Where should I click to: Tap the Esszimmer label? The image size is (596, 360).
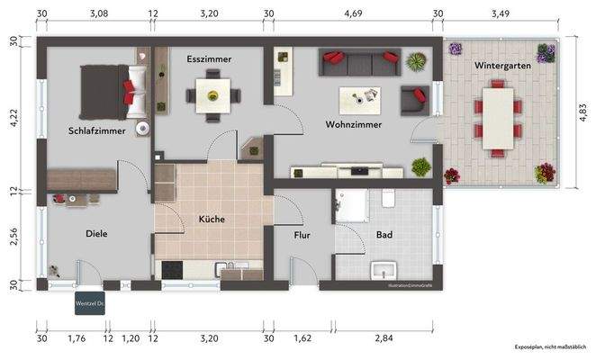pyautogui.click(x=209, y=59)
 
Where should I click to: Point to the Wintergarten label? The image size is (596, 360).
pyautogui.click(x=502, y=66)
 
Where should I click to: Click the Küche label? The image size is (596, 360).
pyautogui.click(x=212, y=219)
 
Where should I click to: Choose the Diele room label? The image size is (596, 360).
pyautogui.click(x=96, y=233)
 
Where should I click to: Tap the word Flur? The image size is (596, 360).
pyautogui.click(x=303, y=235)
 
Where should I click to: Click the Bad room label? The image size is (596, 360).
pyautogui.click(x=384, y=235)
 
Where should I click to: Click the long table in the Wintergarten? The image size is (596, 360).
pyautogui.click(x=496, y=114)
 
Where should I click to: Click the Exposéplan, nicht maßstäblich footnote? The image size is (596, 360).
pyautogui.click(x=549, y=346)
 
